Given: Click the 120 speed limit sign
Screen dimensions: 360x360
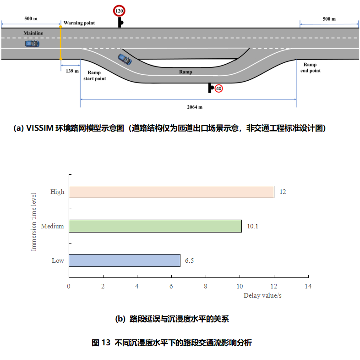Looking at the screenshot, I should pyautogui.click(x=119, y=11).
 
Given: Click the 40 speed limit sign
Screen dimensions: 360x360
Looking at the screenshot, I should pyautogui.click(x=219, y=88).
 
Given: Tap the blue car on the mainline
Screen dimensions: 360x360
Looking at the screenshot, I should pyautogui.click(x=32, y=44).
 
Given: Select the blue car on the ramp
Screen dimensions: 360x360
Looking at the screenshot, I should pyautogui.click(x=124, y=59).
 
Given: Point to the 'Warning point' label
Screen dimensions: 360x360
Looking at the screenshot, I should pyautogui.click(x=79, y=23).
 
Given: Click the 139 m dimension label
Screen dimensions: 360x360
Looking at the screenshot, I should pyautogui.click(x=72, y=71).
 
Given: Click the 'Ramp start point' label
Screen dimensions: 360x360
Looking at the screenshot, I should pyautogui.click(x=94, y=76).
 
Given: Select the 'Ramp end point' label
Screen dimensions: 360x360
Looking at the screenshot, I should pyautogui.click(x=310, y=68).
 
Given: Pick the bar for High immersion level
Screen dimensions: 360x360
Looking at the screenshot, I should pyautogui.click(x=171, y=192).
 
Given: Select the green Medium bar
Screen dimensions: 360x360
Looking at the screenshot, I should pyautogui.click(x=155, y=226).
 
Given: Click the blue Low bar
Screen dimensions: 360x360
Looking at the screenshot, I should pyautogui.click(x=124, y=260).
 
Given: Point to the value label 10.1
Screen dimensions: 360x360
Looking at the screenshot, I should pyautogui.click(x=252, y=226).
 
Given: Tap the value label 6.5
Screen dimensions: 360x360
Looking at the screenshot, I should pyautogui.click(x=190, y=260).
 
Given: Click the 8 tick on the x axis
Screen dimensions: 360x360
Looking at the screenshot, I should pyautogui.click(x=205, y=286).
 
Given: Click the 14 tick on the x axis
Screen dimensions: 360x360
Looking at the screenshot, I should pyautogui.click(x=308, y=286).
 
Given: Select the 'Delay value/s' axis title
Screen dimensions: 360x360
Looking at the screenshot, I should pyautogui.click(x=262, y=295).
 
